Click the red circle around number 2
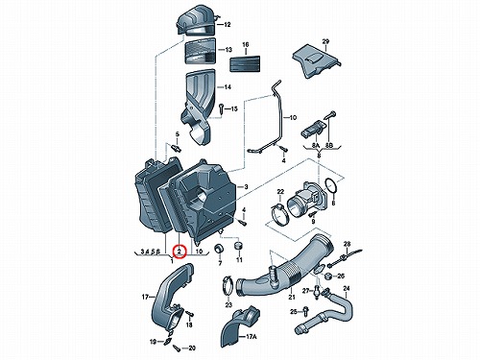pos(180,252)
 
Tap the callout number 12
pos(228,25)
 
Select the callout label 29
pos(325,41)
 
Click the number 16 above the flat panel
pos(246,45)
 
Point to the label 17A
pos(252,337)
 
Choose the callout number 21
pos(292,297)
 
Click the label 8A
pos(316,146)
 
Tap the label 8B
pos(329,146)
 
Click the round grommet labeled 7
pos(220,249)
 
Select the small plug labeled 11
pos(239,247)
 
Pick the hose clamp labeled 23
pos(228,286)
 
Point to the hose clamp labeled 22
pos(279,214)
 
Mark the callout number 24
pos(347,289)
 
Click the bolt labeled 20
pos(177,347)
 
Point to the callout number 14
pos(228,87)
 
